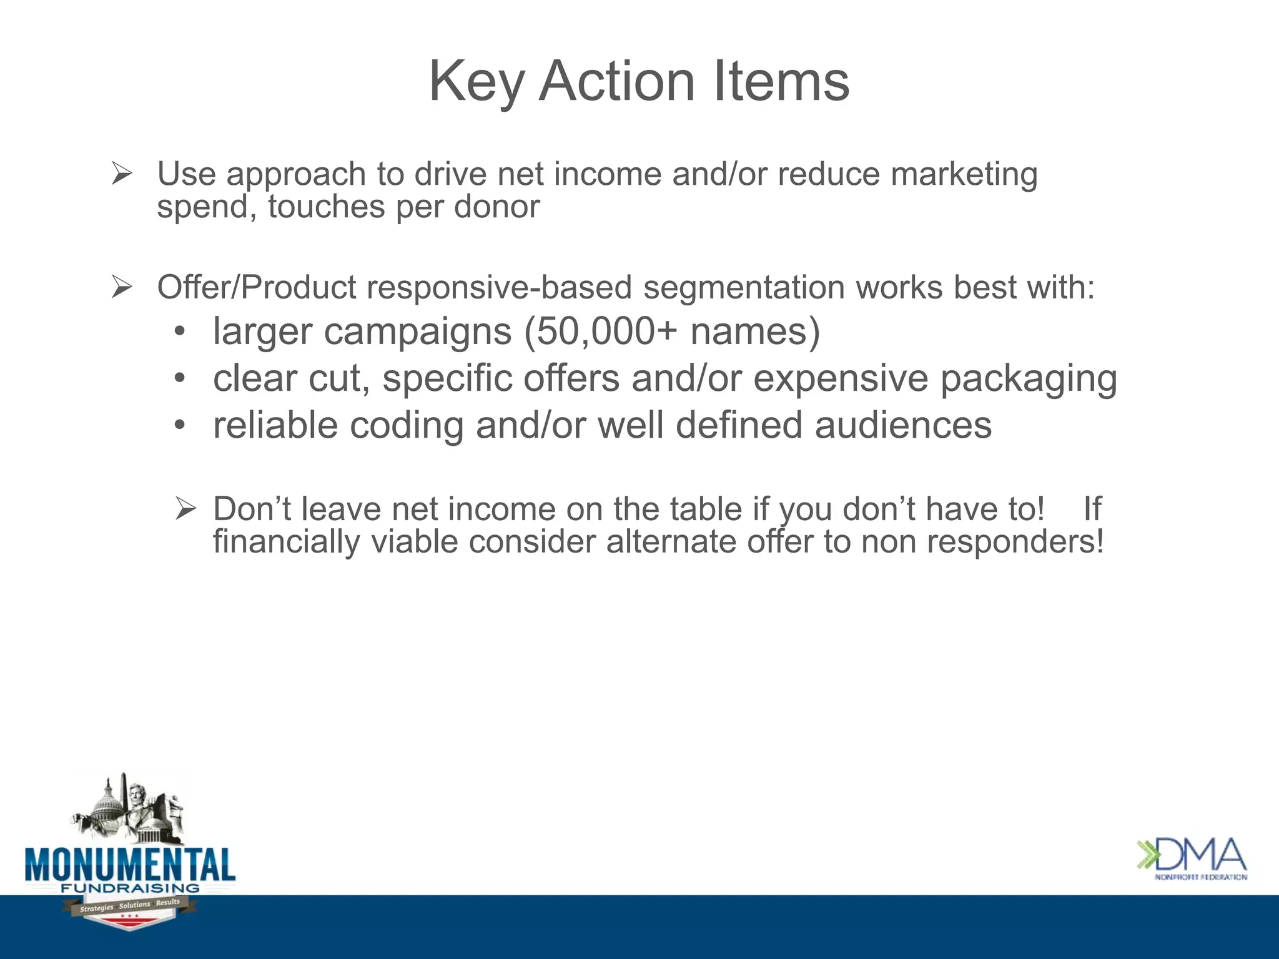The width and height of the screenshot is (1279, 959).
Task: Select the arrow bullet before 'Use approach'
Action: pos(122,174)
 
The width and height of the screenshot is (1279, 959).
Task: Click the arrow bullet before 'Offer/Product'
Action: pos(122,288)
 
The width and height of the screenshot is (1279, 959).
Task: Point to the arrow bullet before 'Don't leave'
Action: pos(185,509)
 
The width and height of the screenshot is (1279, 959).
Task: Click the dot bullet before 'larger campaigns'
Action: pos(180,332)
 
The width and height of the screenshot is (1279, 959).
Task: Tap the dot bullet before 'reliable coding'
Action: pos(180,426)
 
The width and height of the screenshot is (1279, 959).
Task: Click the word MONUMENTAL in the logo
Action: pos(130,865)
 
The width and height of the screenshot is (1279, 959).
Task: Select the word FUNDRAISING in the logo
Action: pos(130,888)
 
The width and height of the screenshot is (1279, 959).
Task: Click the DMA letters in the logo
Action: pos(1202,855)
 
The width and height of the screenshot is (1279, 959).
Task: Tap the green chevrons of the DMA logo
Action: pos(1148,855)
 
